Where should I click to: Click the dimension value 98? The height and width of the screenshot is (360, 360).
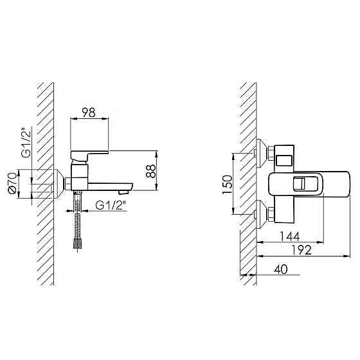click(89, 113)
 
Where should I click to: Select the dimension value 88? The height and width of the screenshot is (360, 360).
click(151, 171)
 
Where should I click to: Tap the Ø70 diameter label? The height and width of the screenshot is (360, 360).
click(12, 183)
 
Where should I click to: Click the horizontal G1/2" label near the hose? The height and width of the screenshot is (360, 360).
click(111, 205)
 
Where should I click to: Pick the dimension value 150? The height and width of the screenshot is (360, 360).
click(228, 184)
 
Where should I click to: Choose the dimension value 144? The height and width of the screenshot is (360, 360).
click(290, 237)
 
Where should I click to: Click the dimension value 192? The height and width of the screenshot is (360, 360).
click(302, 250)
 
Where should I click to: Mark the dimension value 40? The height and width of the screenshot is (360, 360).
click(280, 269)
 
